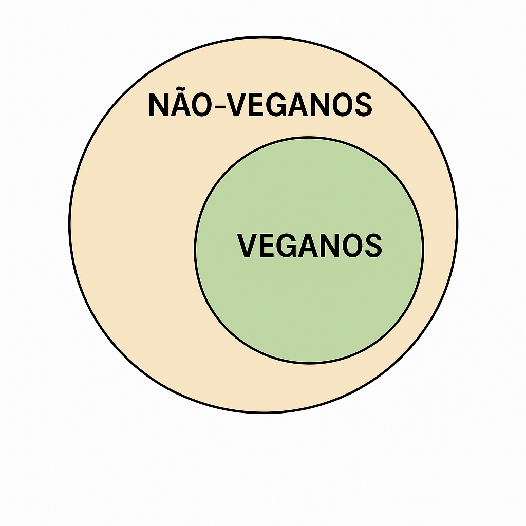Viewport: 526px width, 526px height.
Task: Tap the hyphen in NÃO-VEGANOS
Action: [219, 107]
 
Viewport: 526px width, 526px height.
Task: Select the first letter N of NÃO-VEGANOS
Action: [158, 105]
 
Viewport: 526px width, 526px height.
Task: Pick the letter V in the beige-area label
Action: [236, 105]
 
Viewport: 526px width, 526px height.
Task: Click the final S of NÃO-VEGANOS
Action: [363, 105]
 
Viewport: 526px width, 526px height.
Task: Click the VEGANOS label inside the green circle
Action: [310, 246]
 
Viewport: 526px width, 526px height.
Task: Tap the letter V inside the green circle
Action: [247, 246]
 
